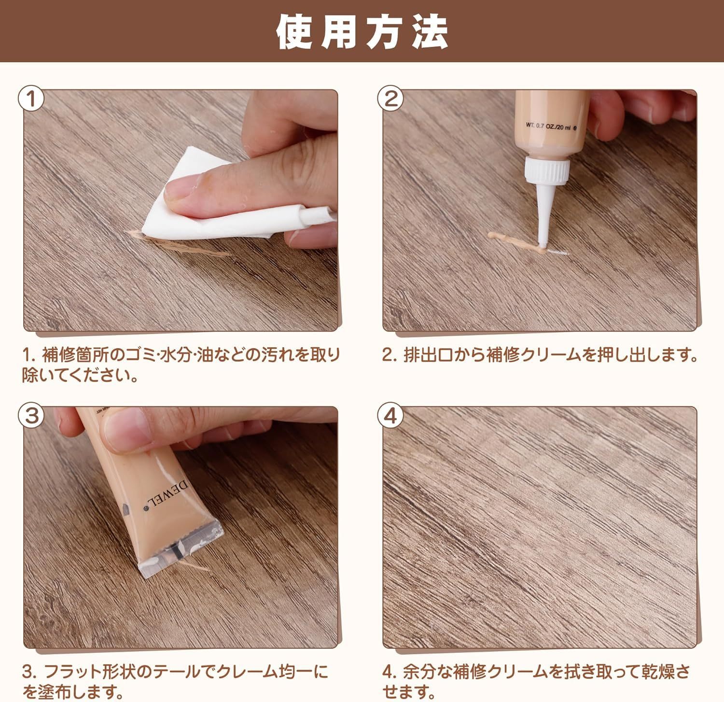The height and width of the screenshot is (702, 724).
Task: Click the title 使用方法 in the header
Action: [362, 32]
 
